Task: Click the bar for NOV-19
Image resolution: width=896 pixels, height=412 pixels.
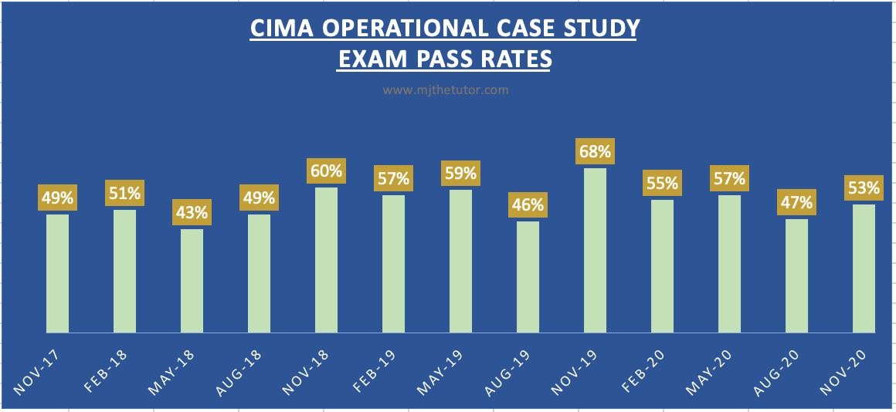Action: coord(595,251)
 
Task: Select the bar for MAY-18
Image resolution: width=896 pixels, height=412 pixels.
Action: coord(192,281)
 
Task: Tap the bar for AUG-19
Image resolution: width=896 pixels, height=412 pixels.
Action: coord(528,277)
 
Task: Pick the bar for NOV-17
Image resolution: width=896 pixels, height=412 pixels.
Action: coord(57,273)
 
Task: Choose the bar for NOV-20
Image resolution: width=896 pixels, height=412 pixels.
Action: coord(864,268)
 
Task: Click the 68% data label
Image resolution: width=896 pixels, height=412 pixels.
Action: coord(595,151)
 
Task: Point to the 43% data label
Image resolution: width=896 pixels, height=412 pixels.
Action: coord(192,212)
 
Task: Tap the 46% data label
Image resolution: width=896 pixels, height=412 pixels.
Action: coord(528,205)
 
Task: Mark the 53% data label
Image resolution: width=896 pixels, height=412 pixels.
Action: coord(864,187)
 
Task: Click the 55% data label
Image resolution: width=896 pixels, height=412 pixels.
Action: coord(662,184)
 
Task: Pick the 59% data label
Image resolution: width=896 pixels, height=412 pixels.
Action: coord(460,173)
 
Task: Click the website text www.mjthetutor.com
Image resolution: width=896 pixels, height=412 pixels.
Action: coord(446,89)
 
